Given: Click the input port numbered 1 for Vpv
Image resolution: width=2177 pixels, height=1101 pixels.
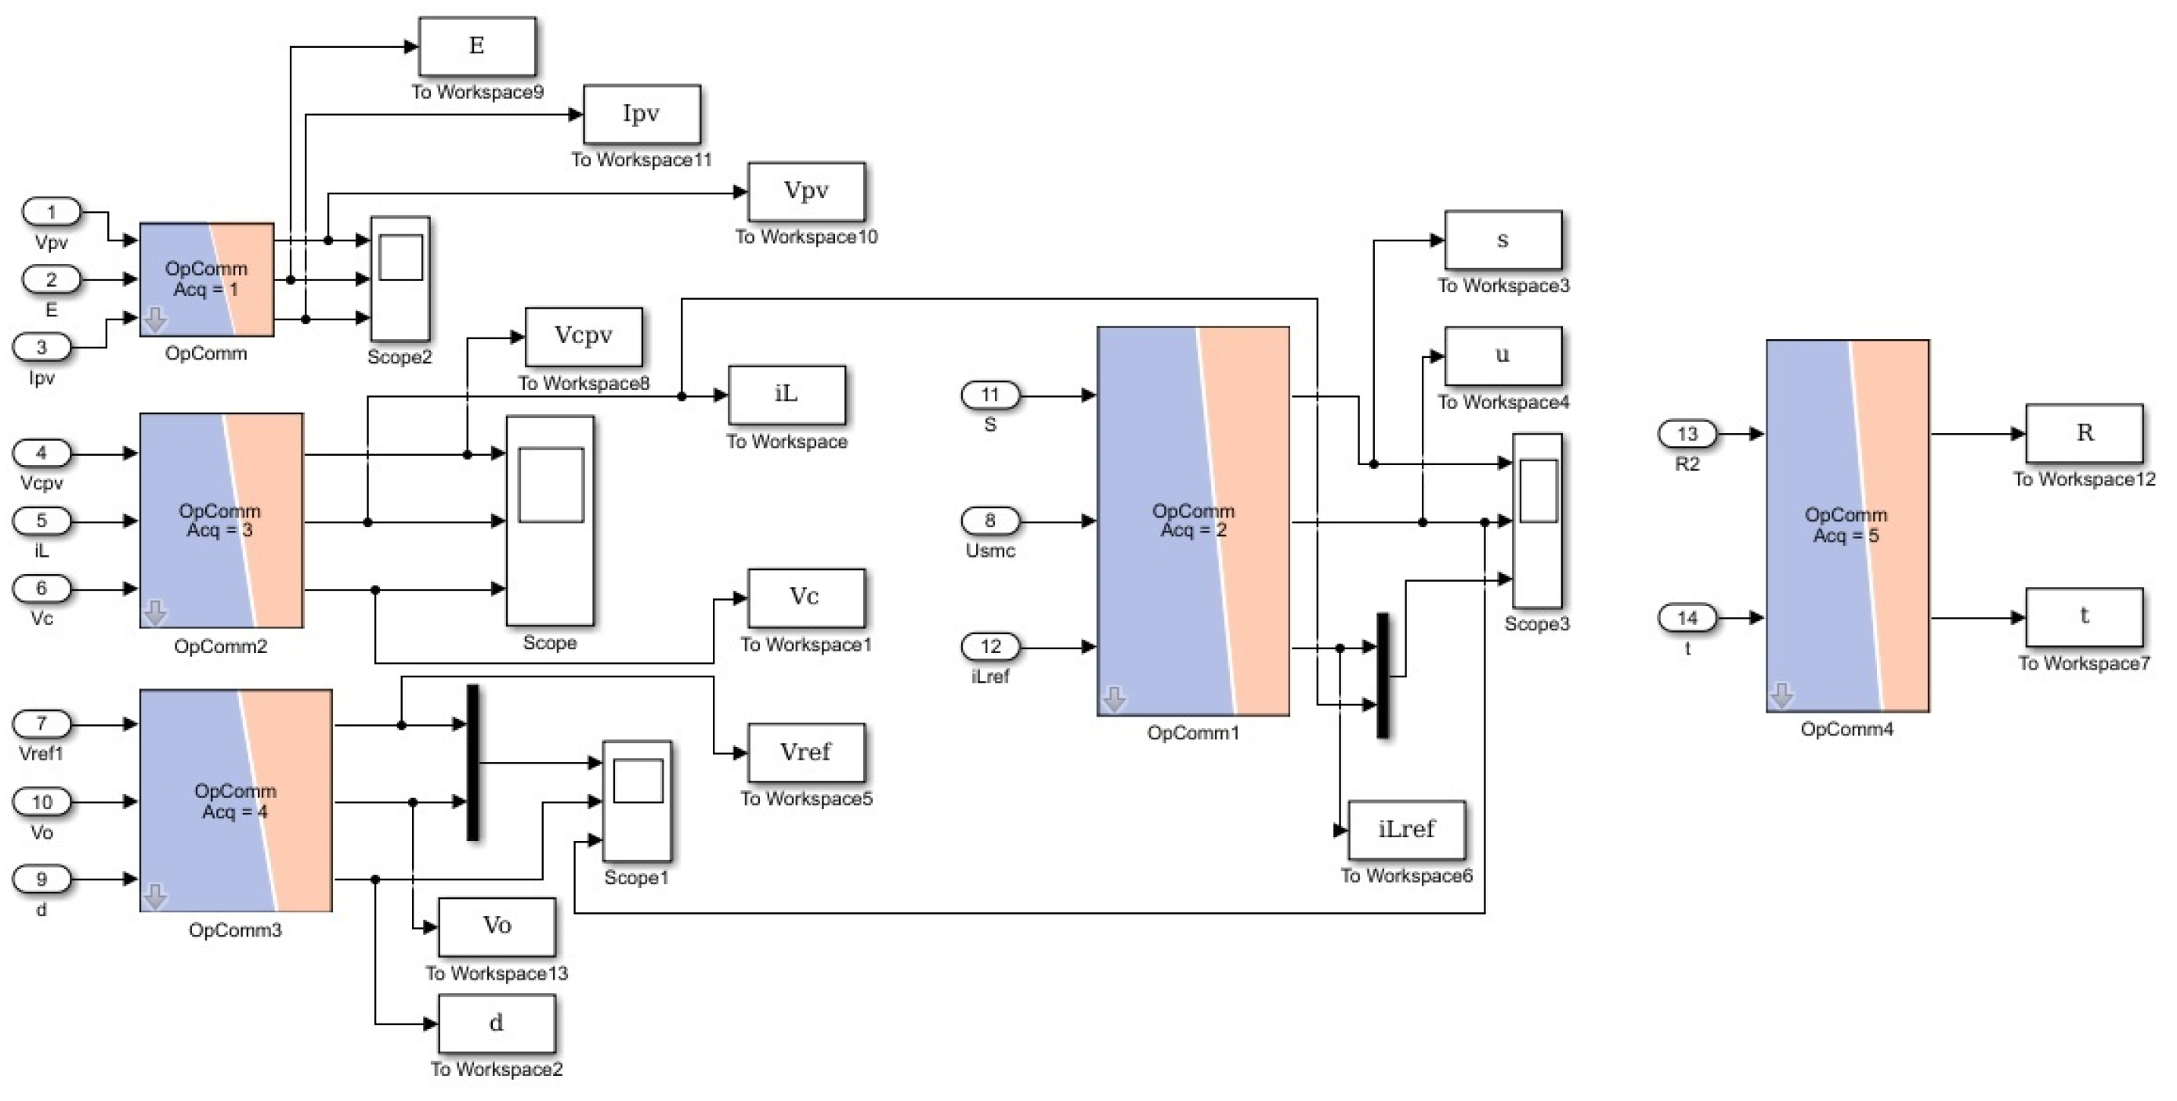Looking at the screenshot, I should pyautogui.click(x=51, y=211).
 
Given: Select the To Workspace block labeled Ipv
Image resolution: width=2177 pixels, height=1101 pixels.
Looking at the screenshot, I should pyautogui.click(x=642, y=114).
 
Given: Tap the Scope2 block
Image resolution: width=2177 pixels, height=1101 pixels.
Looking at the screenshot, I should pyautogui.click(x=400, y=279).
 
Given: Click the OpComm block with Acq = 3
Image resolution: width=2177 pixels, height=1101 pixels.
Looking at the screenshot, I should pyautogui.click(x=221, y=520).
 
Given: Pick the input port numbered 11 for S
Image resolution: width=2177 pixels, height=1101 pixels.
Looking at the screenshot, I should pyautogui.click(x=989, y=395).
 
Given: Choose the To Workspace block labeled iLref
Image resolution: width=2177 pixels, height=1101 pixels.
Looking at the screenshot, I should pyautogui.click(x=1406, y=830).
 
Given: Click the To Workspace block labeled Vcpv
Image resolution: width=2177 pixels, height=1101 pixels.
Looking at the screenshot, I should pyautogui.click(x=583, y=336).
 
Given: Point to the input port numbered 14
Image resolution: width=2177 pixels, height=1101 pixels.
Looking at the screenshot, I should pyautogui.click(x=1687, y=618).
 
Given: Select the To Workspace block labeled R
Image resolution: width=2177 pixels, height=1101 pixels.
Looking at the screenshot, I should pyautogui.click(x=2084, y=434).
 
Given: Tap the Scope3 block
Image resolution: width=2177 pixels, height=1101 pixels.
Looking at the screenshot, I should pyautogui.click(x=1536, y=521).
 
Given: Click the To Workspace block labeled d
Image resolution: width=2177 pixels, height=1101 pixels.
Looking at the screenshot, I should pyautogui.click(x=496, y=1023).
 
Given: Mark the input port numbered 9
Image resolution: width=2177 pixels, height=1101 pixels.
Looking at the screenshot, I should pyautogui.click(x=42, y=879).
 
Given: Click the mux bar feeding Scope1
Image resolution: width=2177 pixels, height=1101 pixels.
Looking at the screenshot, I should pyautogui.click(x=472, y=762).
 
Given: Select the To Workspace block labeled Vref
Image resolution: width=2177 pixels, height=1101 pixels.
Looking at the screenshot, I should pyautogui.click(x=805, y=752).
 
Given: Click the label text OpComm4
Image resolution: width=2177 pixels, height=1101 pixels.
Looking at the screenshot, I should pyautogui.click(x=1846, y=729).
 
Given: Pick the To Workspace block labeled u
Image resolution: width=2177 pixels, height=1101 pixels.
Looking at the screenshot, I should pyautogui.click(x=1503, y=356).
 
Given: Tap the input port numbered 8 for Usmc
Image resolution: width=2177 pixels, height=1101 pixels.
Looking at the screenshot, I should pyautogui.click(x=989, y=521).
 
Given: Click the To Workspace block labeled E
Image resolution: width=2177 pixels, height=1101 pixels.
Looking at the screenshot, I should pyautogui.click(x=476, y=46).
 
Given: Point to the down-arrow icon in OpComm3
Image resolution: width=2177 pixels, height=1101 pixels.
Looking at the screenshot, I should pyautogui.click(x=154, y=897).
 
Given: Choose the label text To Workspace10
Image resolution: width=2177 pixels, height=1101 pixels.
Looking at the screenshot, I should pyautogui.click(x=806, y=237).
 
